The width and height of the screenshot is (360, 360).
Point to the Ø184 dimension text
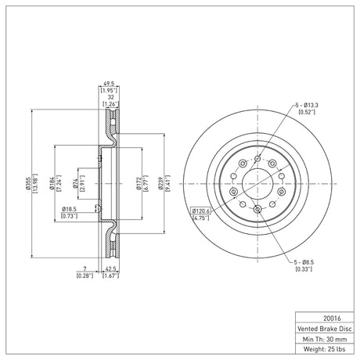[52, 183]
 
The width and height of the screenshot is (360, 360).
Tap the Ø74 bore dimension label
[75, 183]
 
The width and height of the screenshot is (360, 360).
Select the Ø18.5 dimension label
[69, 209]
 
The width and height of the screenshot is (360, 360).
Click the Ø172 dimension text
[139, 183]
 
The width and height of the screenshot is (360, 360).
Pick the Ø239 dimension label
[160, 183]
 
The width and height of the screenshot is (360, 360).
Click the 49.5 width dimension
[109, 84]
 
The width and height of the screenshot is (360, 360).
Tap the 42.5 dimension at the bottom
[110, 268]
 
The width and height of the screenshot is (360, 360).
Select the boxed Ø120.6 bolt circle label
[201, 211]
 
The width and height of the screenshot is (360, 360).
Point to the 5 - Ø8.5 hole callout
[304, 262]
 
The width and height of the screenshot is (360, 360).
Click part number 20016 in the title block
[332, 319]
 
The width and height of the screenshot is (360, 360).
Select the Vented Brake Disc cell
[325, 329]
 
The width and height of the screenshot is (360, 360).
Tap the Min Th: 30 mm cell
[325, 339]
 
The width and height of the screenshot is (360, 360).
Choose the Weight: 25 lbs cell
[325, 349]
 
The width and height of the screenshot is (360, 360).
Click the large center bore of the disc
[257, 184]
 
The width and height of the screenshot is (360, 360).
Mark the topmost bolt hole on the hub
[257, 158]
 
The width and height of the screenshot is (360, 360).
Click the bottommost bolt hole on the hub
[257, 209]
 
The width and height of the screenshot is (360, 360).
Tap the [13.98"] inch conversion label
[35, 183]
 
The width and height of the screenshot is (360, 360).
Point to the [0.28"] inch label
[85, 275]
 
